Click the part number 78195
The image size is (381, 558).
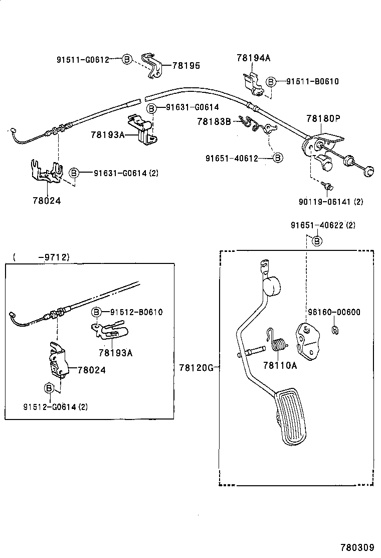point(186,65)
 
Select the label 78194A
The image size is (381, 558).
point(253,58)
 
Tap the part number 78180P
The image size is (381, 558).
point(323,119)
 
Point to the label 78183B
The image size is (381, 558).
point(214,121)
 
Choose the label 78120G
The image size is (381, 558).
point(196,368)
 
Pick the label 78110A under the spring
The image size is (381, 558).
point(280,365)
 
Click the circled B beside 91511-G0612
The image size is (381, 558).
point(127,60)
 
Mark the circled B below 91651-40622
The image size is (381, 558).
point(317,241)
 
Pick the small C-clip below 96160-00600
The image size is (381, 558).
point(334,329)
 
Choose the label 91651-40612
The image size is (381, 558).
point(232,158)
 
